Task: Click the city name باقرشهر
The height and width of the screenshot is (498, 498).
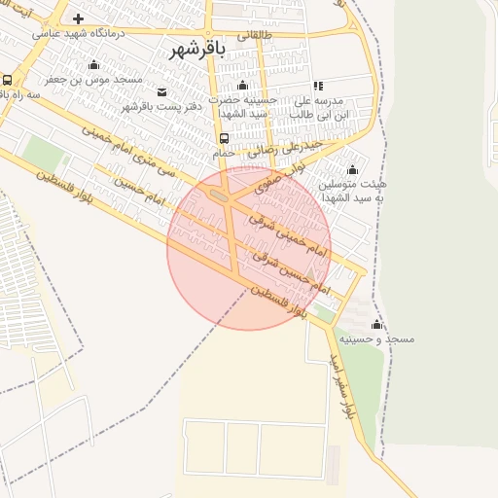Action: click(196, 49)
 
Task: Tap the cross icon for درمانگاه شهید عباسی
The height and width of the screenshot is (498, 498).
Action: click(78, 18)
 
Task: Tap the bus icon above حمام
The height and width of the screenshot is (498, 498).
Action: click(225, 139)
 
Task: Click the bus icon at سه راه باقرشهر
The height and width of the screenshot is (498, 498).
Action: click(7, 81)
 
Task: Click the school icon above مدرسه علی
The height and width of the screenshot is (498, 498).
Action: click(318, 86)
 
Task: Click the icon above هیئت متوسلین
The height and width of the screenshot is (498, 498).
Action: click(352, 169)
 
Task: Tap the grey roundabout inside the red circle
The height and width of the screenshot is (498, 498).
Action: click(218, 196)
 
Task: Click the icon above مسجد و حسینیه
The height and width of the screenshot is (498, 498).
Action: click(376, 324)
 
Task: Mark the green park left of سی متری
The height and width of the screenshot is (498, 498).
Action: click(43, 151)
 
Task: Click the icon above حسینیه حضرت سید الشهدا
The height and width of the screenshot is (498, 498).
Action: click(242, 85)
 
